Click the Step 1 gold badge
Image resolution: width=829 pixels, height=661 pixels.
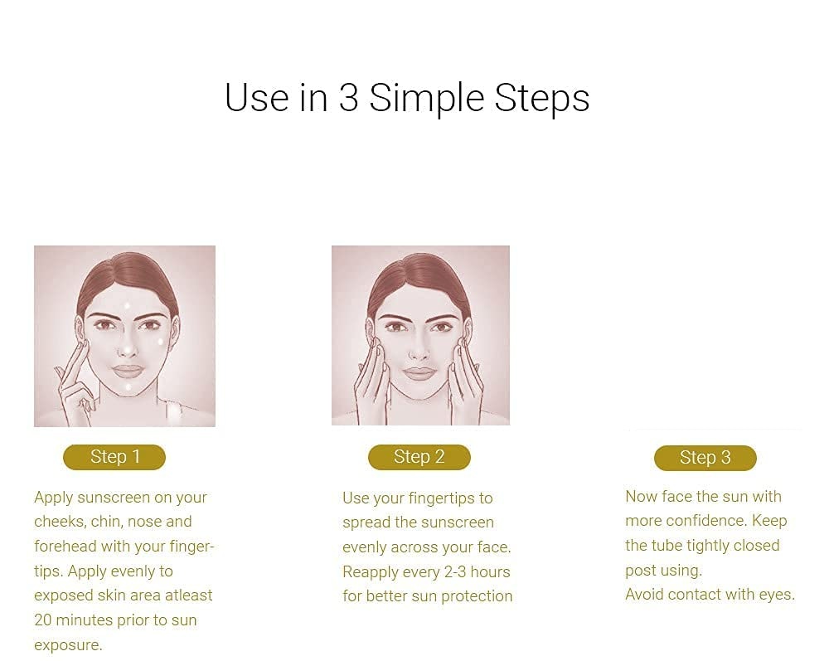pos(114,457)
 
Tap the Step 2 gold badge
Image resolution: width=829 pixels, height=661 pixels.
pos(419,457)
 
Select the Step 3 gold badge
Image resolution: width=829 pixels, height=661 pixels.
pos(705,458)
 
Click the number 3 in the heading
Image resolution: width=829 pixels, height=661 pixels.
pos(348,98)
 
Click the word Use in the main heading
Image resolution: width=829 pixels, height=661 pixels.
pos(257,98)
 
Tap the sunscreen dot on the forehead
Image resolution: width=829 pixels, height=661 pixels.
pos(127,305)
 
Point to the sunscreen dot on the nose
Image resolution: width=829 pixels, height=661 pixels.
pos(128,349)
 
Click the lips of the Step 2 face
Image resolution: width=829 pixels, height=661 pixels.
pos(419,373)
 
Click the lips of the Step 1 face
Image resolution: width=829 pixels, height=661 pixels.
pos(128,371)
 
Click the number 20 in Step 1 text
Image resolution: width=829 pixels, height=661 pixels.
pos(43,620)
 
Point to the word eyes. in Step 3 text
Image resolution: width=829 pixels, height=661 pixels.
pos(778,595)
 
